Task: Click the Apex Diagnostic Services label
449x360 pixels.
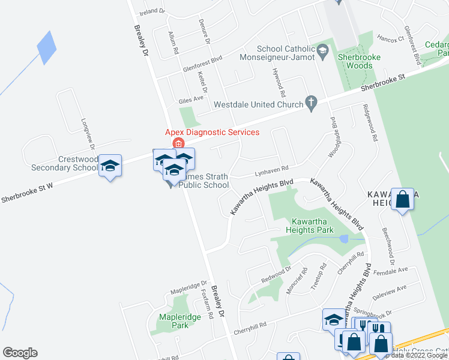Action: click(212, 132)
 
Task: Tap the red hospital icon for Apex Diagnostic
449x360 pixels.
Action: click(178, 143)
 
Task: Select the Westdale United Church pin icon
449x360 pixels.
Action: click(311, 103)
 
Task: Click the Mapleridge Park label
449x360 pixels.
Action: click(174, 321)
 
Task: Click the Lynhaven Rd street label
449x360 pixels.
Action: click(271, 169)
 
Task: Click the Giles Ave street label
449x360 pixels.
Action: click(190, 97)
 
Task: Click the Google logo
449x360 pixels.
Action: click(20, 353)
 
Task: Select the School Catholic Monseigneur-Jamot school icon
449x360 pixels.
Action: click(323, 50)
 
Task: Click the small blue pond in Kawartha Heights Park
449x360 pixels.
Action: click(343, 239)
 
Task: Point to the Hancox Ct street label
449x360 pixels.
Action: click(390, 38)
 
